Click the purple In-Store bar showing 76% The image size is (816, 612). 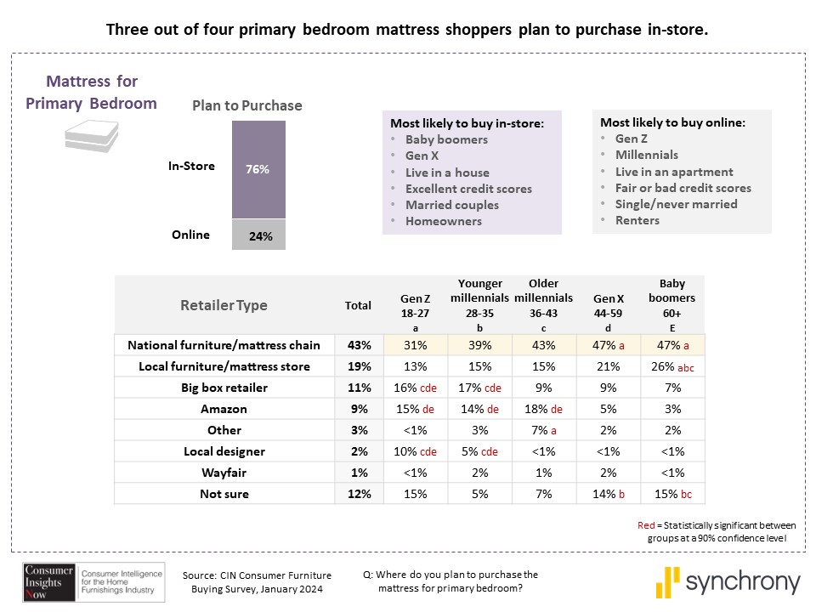(259, 170)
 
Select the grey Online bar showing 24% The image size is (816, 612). (259, 235)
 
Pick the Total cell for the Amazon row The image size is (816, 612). (358, 409)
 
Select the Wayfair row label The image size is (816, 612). (224, 473)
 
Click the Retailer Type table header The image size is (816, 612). (224, 305)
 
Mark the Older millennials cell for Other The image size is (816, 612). (543, 430)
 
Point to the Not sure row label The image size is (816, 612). (224, 494)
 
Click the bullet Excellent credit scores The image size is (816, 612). (468, 189)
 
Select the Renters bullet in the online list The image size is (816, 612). (637, 220)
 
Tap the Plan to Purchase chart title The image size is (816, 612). (246, 105)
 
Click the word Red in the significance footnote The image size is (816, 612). (646, 524)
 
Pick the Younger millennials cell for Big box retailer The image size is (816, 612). (480, 388)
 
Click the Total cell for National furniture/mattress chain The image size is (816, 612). (358, 345)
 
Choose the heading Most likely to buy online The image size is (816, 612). (672, 122)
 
